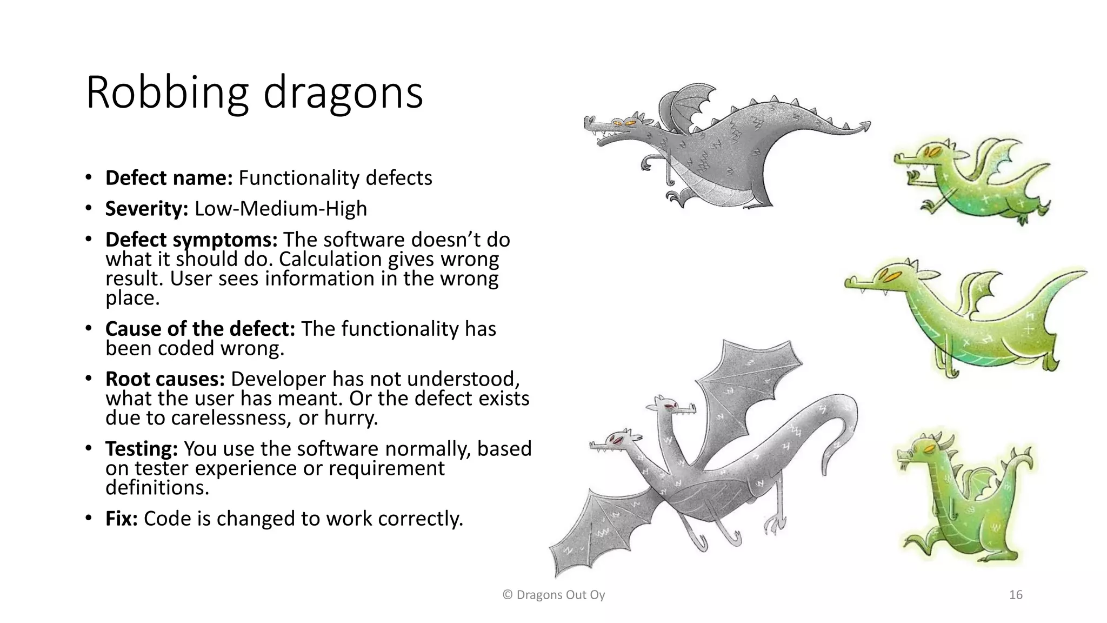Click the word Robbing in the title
pos(167,93)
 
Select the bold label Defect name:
pos(169,178)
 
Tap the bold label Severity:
pos(146,209)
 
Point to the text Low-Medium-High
pos(281,209)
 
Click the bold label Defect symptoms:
pos(191,240)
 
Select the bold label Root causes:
pos(165,379)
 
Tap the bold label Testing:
pos(142,449)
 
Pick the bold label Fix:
pos(122,519)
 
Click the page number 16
pos(1016,595)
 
